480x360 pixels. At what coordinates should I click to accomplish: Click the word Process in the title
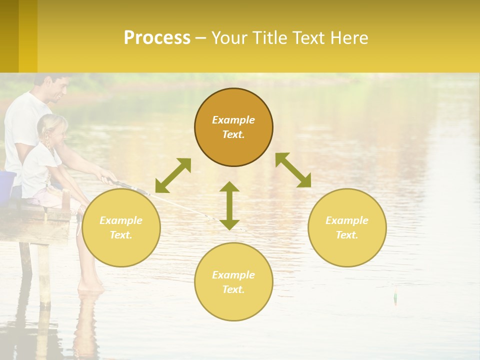(x=157, y=38)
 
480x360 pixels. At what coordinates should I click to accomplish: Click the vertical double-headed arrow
(x=229, y=205)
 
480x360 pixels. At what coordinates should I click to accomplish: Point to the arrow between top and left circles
(x=173, y=175)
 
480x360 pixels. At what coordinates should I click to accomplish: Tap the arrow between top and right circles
(x=293, y=170)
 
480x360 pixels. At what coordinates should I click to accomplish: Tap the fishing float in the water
(x=395, y=297)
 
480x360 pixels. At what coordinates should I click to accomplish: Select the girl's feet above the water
(x=90, y=286)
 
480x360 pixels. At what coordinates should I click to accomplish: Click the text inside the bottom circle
(x=233, y=282)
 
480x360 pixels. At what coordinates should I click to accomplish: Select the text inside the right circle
(x=347, y=227)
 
